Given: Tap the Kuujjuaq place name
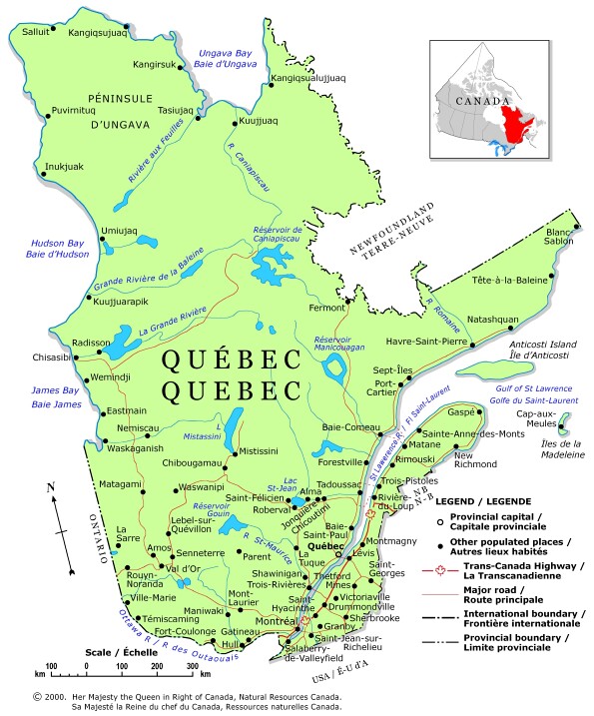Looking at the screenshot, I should [x=258, y=121].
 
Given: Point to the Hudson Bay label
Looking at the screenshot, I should [x=35, y=243].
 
